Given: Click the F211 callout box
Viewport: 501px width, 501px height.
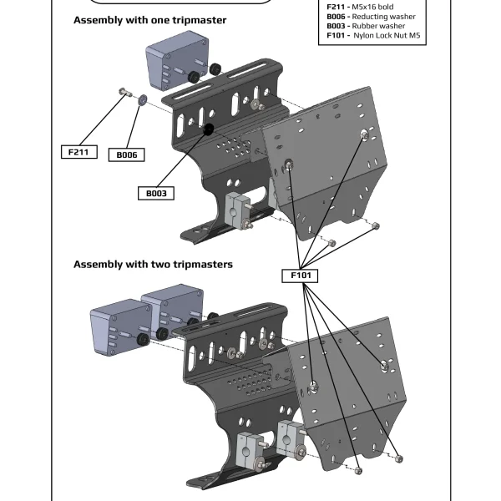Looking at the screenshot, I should point(80,152).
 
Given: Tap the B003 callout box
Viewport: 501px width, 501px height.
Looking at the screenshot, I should point(156,193).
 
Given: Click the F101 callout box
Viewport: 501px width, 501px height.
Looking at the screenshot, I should point(301,275).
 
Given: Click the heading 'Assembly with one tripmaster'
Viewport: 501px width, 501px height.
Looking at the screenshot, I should point(149,19).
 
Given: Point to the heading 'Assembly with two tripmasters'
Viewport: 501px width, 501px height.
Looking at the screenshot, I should point(153,264).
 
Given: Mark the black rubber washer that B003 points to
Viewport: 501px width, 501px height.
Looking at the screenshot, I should point(208,129).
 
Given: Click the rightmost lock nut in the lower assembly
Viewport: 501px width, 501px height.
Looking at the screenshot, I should point(399,458).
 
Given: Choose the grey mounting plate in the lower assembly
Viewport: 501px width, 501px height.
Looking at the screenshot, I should point(351,392).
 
